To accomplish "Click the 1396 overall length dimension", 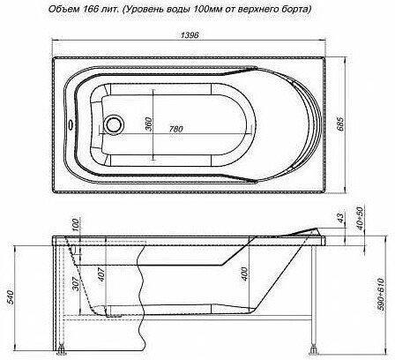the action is pyautogui.click(x=190, y=35).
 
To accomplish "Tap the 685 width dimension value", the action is pyautogui.click(x=339, y=124).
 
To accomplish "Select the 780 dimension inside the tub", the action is pyautogui.click(x=175, y=129).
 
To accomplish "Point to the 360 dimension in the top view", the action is pyautogui.click(x=149, y=124).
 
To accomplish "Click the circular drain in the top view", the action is pyautogui.click(x=113, y=124).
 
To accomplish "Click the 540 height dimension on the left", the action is pyautogui.click(x=10, y=297).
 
